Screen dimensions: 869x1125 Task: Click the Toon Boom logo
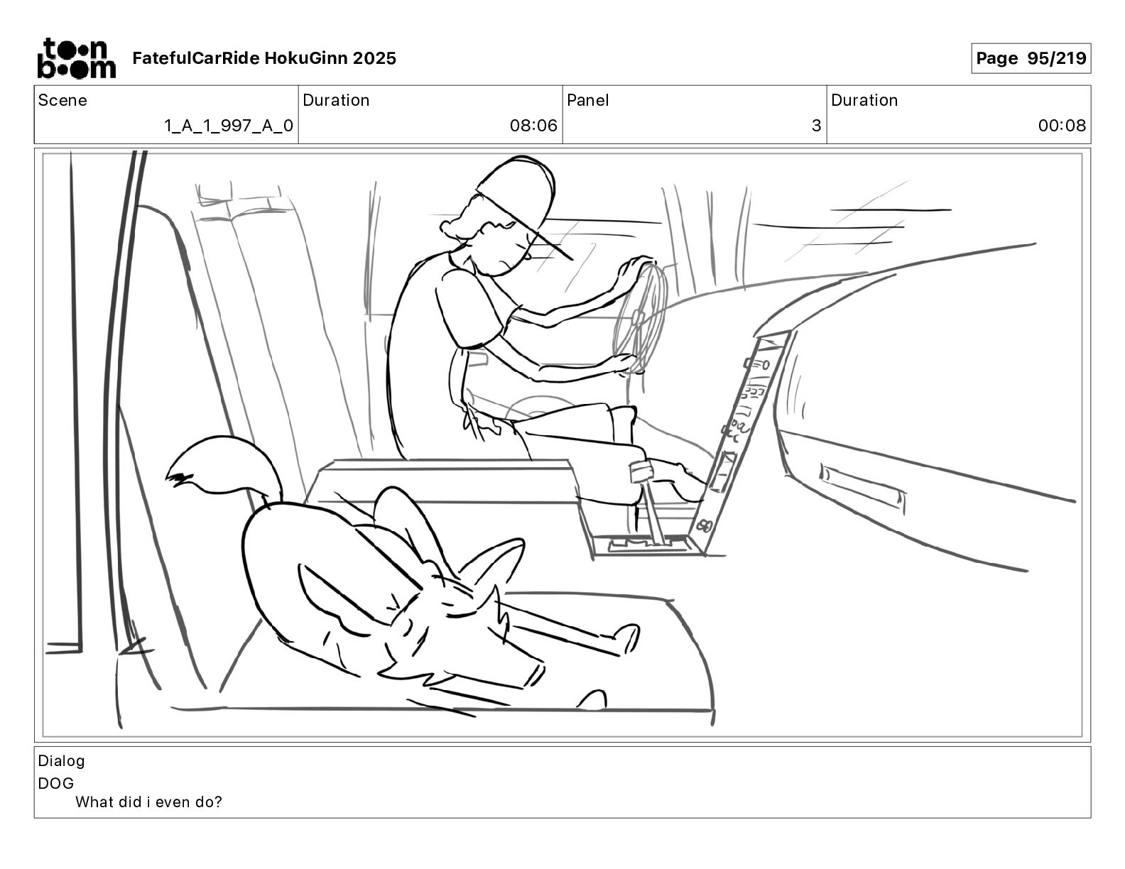click(x=76, y=58)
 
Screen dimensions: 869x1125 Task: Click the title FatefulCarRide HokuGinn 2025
click(x=264, y=58)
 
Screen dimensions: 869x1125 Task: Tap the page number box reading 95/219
click(x=1031, y=58)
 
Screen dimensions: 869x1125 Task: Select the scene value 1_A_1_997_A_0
click(x=228, y=126)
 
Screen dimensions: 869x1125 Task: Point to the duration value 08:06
click(x=533, y=126)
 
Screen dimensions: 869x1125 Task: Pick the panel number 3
click(x=816, y=126)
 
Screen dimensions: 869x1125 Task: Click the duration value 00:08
click(x=1062, y=126)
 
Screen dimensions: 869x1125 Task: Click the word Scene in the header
click(x=62, y=100)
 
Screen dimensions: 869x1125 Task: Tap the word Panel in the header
click(x=588, y=100)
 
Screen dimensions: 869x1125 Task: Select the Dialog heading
click(x=61, y=761)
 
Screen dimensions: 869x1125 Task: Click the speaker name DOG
click(x=56, y=783)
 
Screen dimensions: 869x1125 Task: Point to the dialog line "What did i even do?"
click(x=148, y=802)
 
